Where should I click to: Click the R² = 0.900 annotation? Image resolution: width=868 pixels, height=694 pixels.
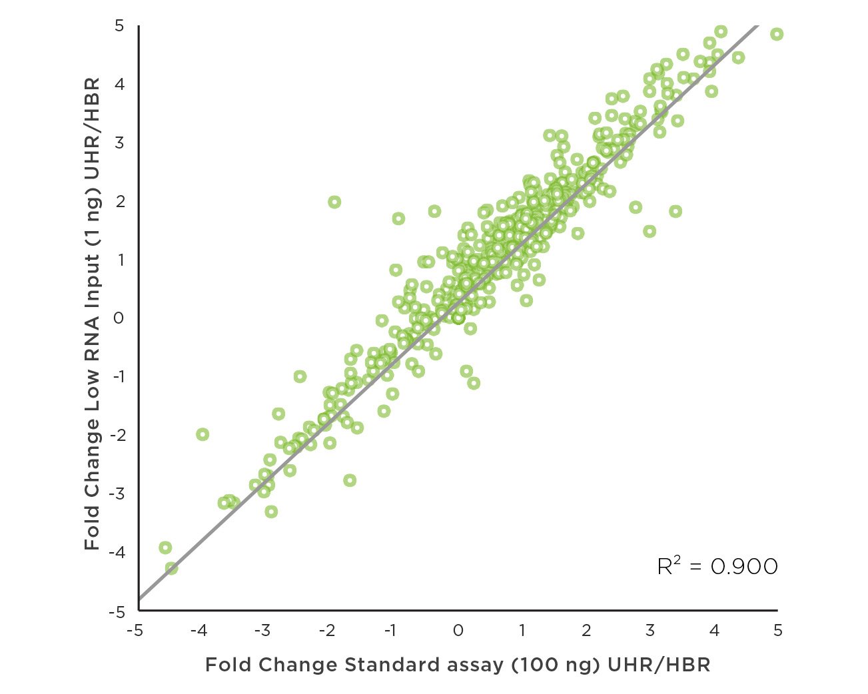tap(717, 566)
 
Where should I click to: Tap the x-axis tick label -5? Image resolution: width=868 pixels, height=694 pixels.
tap(135, 630)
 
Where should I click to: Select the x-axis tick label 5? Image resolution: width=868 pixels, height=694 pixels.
tap(777, 630)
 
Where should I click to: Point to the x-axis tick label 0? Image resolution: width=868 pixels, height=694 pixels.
tap(458, 630)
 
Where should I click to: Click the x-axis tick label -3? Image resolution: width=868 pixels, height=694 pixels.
tap(263, 630)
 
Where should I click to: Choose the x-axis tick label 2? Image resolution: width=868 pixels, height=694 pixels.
tap(586, 630)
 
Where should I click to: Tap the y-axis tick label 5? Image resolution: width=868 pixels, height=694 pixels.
tap(119, 26)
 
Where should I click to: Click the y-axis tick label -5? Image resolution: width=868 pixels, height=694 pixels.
tap(117, 611)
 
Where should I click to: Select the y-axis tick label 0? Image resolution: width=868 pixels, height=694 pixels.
tap(119, 318)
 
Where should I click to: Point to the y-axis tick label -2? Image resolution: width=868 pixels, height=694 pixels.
tap(117, 436)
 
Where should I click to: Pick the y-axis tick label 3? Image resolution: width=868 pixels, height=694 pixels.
tap(119, 143)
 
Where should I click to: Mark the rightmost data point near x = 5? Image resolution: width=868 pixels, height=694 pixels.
tap(776, 34)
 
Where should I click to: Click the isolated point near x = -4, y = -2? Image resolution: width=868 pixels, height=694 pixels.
tap(203, 434)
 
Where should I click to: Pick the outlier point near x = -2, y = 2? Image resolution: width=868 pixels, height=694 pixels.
tap(334, 202)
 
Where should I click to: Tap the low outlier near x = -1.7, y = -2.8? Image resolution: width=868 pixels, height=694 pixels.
tap(350, 480)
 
